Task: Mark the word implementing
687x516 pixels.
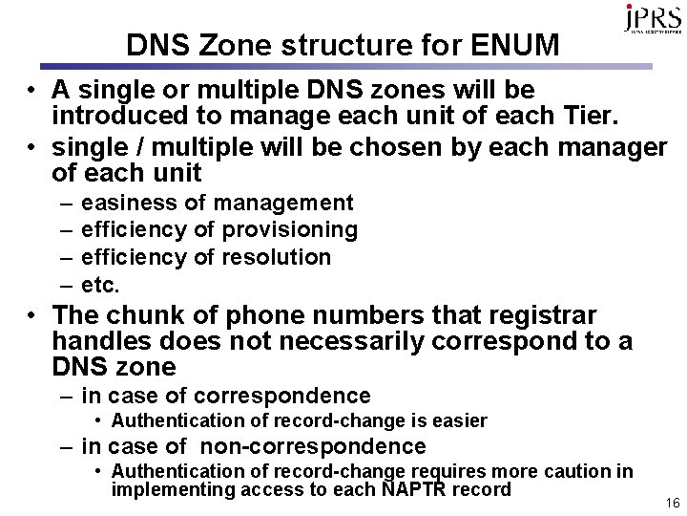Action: click(170, 489)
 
